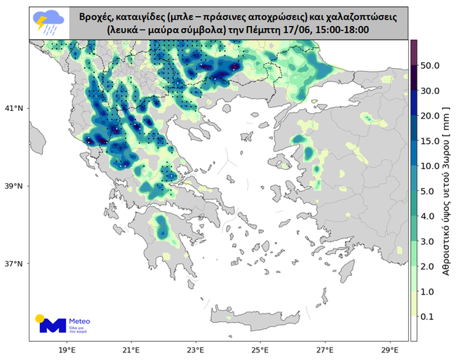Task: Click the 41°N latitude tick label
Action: coord(16,109)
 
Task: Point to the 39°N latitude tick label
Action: coord(16,187)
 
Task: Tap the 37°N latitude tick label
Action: coord(16,264)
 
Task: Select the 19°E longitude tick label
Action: coord(67,349)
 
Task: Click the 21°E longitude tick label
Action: coord(131,349)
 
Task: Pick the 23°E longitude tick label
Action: coord(196,349)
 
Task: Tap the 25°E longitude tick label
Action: coord(260,349)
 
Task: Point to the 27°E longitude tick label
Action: coord(325,349)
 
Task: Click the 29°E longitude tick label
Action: coord(389,349)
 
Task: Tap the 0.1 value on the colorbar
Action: coord(429,316)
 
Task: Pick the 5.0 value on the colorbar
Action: coord(429,191)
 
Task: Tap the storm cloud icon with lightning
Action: coord(48,22)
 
